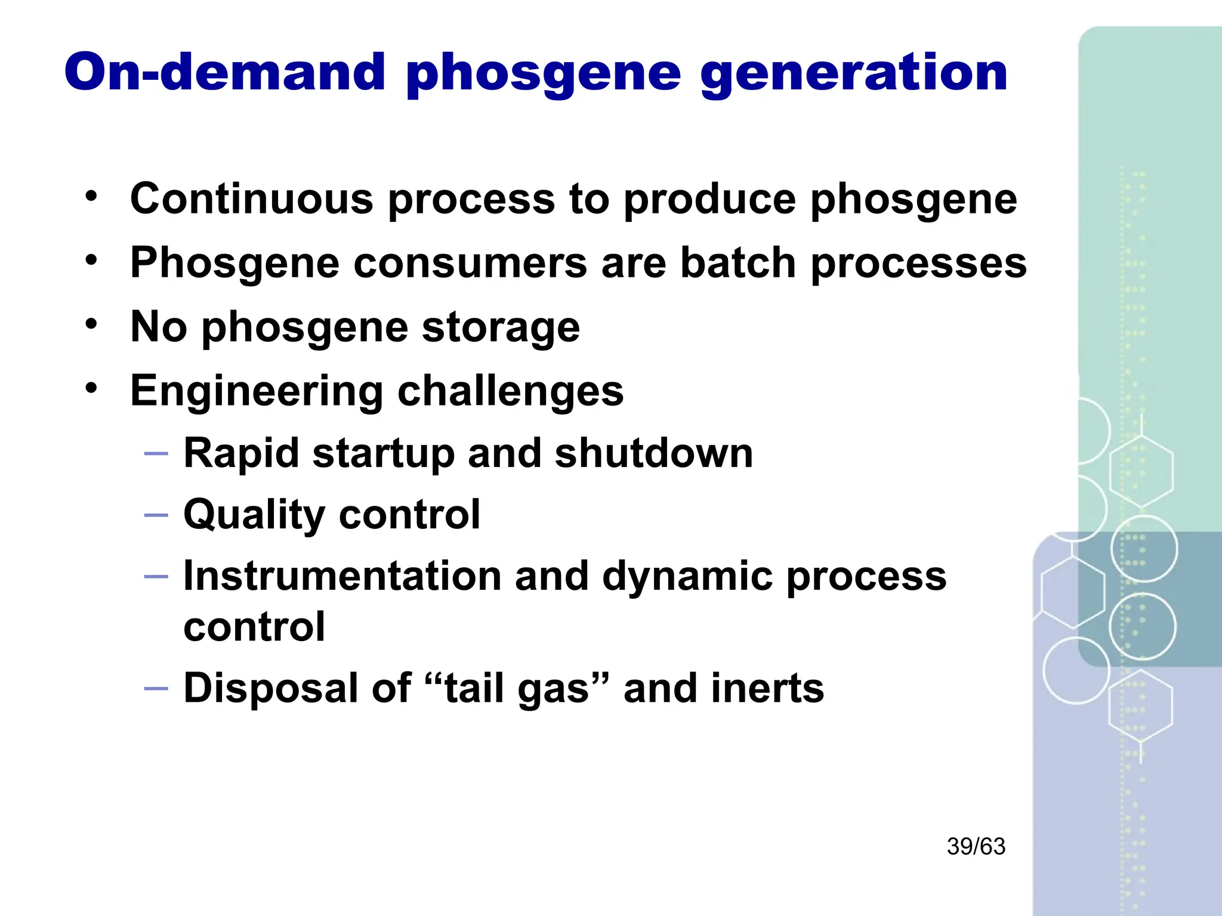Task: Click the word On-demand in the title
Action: (224, 72)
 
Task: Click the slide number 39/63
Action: (976, 846)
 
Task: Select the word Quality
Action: (254, 515)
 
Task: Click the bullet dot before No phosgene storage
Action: (91, 324)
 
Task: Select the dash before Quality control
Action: (156, 515)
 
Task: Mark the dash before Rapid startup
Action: (156, 454)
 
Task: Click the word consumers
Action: (470, 262)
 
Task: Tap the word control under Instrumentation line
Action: (254, 627)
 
